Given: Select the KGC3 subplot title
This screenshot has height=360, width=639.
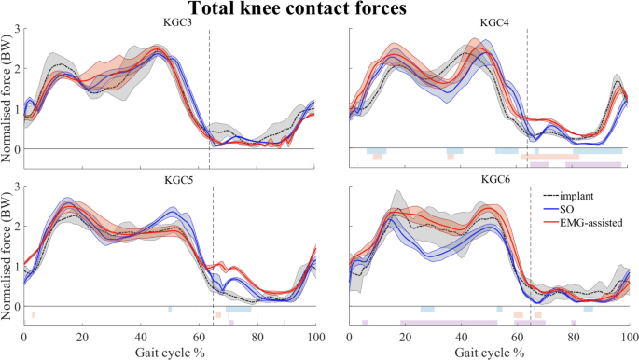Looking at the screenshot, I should [170, 22].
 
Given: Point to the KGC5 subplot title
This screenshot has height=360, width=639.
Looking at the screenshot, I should [170, 178].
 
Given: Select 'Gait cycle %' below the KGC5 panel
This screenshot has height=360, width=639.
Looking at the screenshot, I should [170, 353].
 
